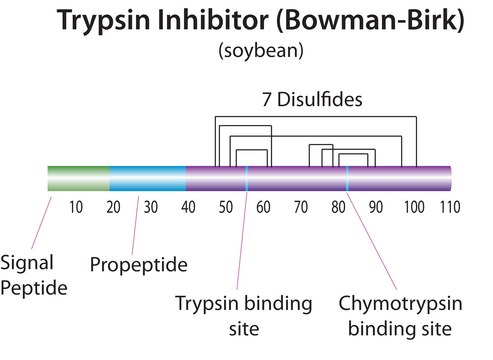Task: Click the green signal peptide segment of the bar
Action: coord(78,178)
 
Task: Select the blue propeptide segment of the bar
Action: coord(147,178)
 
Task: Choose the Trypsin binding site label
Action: coord(244,315)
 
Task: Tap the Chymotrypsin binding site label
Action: coord(395,315)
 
